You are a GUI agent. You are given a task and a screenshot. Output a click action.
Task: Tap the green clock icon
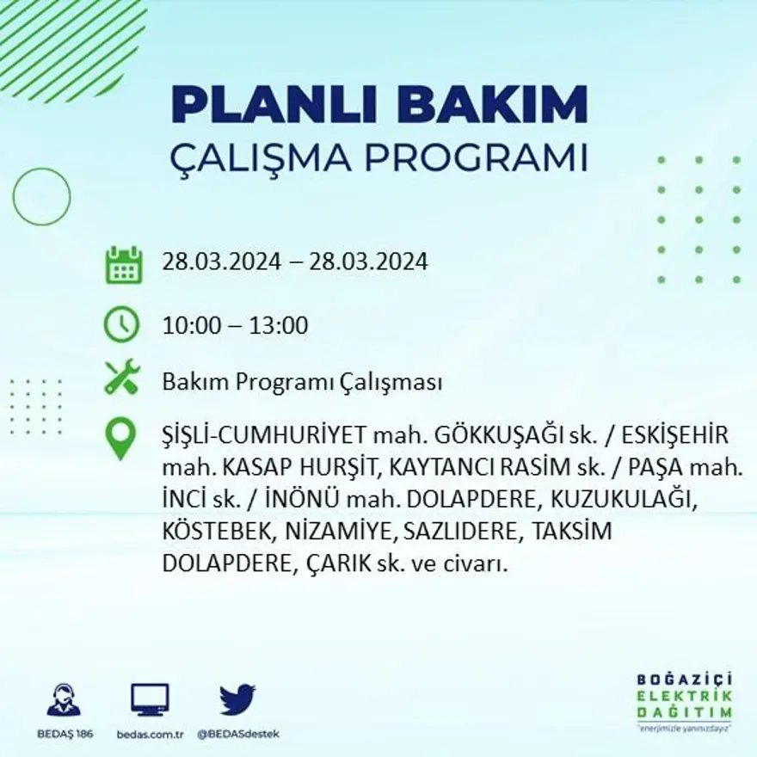coord(121,325)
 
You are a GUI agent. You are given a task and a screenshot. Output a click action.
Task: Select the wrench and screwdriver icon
coord(121,378)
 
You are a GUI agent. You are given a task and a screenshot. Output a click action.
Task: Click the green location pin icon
coord(120,438)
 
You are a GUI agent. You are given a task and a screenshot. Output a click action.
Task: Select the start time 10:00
coord(188,326)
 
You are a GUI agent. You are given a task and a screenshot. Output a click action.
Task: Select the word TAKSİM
coord(572,532)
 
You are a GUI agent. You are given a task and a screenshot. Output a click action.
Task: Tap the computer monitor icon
coord(150,699)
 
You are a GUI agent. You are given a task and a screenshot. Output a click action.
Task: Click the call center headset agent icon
coord(64,699)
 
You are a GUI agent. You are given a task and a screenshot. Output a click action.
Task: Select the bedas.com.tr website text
coord(150,734)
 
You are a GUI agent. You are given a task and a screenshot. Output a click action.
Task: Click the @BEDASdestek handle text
coord(238,734)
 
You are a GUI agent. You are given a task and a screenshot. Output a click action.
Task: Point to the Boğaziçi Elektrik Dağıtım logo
coord(685,699)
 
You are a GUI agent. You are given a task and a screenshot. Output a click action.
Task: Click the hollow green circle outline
coord(41,197)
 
